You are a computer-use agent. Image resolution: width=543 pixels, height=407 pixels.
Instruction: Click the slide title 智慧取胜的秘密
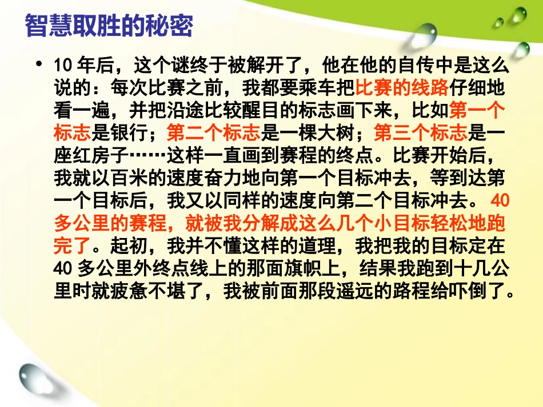(109, 26)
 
